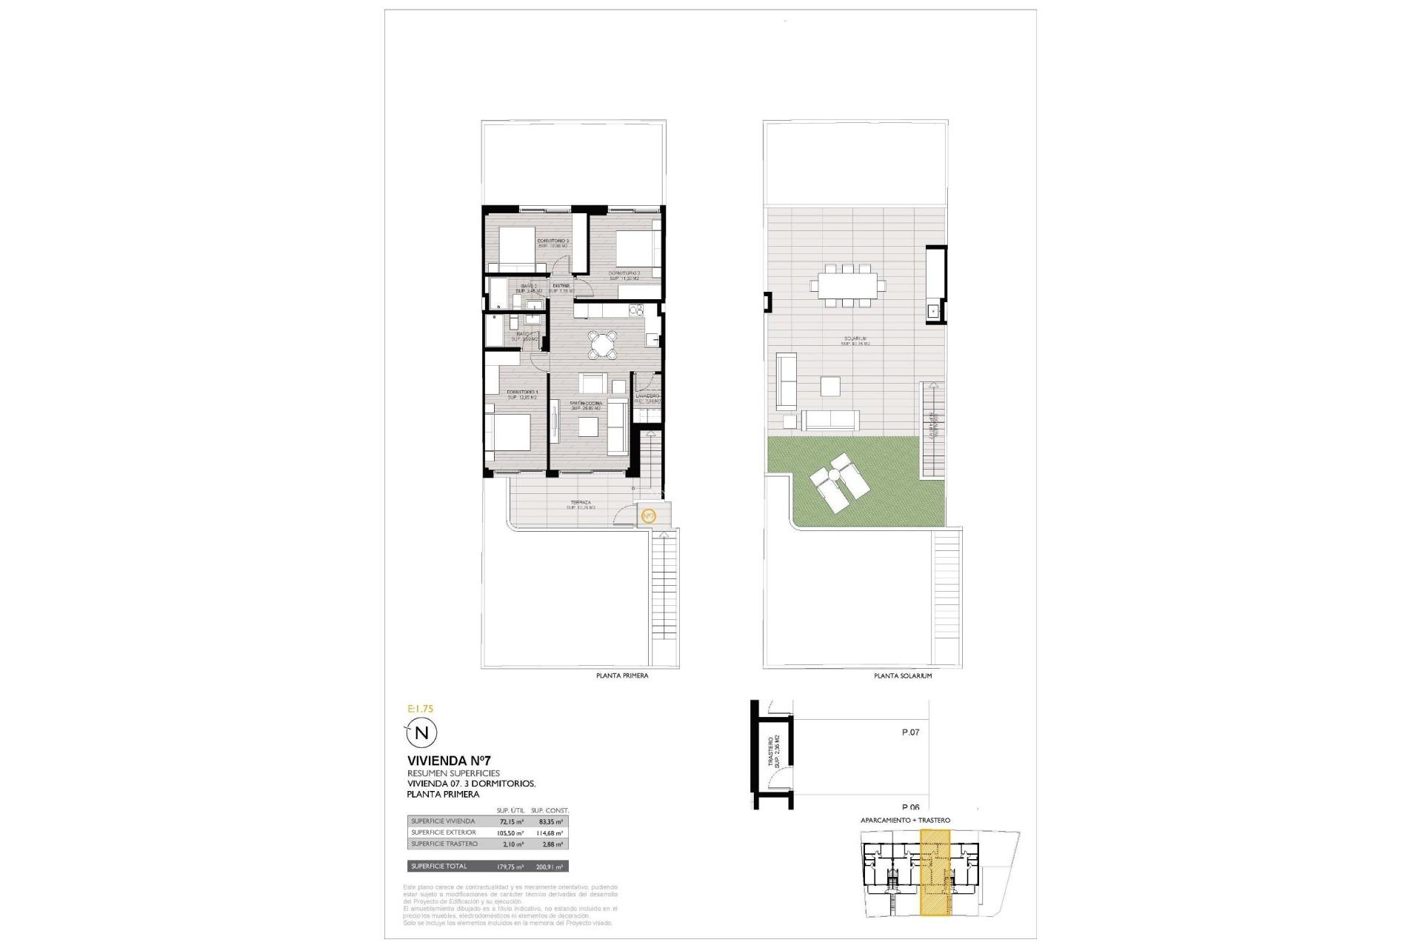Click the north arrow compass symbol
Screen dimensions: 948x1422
pyautogui.click(x=421, y=733)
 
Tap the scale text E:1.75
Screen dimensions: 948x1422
pyautogui.click(x=421, y=709)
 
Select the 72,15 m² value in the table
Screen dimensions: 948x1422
pyautogui.click(x=511, y=821)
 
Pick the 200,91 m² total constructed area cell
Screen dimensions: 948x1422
pyautogui.click(x=550, y=867)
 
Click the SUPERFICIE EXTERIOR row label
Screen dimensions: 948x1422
pyautogui.click(x=444, y=832)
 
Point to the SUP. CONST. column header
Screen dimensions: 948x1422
pyautogui.click(x=550, y=810)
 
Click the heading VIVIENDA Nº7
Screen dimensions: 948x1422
pyautogui.click(x=449, y=761)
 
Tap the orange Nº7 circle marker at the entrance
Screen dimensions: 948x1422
pyautogui.click(x=647, y=515)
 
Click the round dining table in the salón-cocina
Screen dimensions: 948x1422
pyautogui.click(x=604, y=344)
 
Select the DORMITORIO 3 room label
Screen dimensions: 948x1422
pyautogui.click(x=553, y=241)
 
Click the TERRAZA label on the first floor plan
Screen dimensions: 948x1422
pyautogui.click(x=581, y=502)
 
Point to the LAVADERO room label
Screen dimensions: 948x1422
pyautogui.click(x=647, y=396)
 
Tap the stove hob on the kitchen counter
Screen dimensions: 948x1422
pyautogui.click(x=635, y=310)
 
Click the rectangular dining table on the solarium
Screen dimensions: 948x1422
pyautogui.click(x=847, y=284)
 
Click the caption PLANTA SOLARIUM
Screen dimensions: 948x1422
pyautogui.click(x=903, y=676)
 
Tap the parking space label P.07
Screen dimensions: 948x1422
pyautogui.click(x=910, y=732)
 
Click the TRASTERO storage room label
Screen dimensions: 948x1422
pyautogui.click(x=772, y=752)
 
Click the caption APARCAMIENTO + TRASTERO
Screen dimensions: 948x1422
pyautogui.click(x=905, y=821)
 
